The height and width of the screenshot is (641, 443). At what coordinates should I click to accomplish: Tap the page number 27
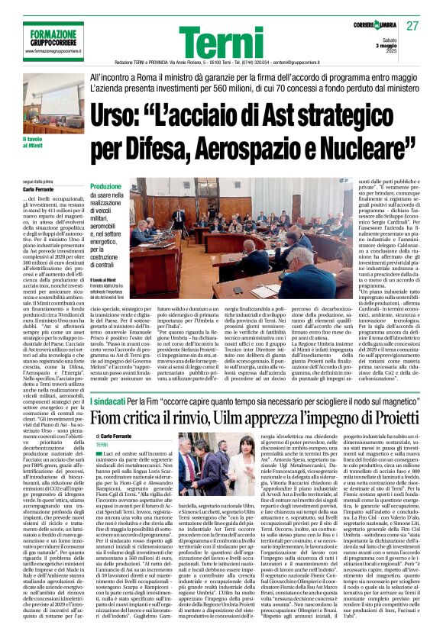click(413, 27)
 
